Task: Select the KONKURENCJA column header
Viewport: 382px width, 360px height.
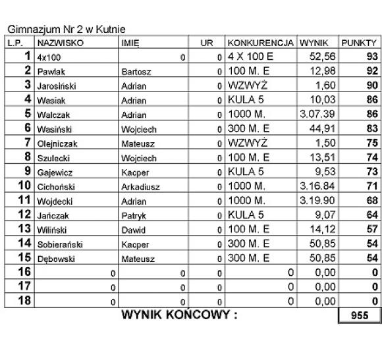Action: tap(260, 43)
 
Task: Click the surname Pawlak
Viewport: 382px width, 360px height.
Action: tap(51, 71)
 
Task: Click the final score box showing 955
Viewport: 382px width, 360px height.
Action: tap(360, 316)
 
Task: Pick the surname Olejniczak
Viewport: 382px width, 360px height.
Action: tap(59, 143)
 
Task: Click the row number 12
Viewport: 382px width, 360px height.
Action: tap(24, 215)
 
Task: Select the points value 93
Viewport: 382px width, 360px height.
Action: tap(371, 57)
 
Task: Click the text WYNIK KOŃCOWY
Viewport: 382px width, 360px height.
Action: tap(179, 315)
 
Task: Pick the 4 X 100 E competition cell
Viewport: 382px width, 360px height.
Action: tap(250, 57)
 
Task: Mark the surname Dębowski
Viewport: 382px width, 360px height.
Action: tap(57, 258)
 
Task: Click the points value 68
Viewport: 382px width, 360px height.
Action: tap(371, 200)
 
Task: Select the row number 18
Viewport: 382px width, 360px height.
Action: tap(24, 301)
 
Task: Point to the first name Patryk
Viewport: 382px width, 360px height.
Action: tap(134, 215)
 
